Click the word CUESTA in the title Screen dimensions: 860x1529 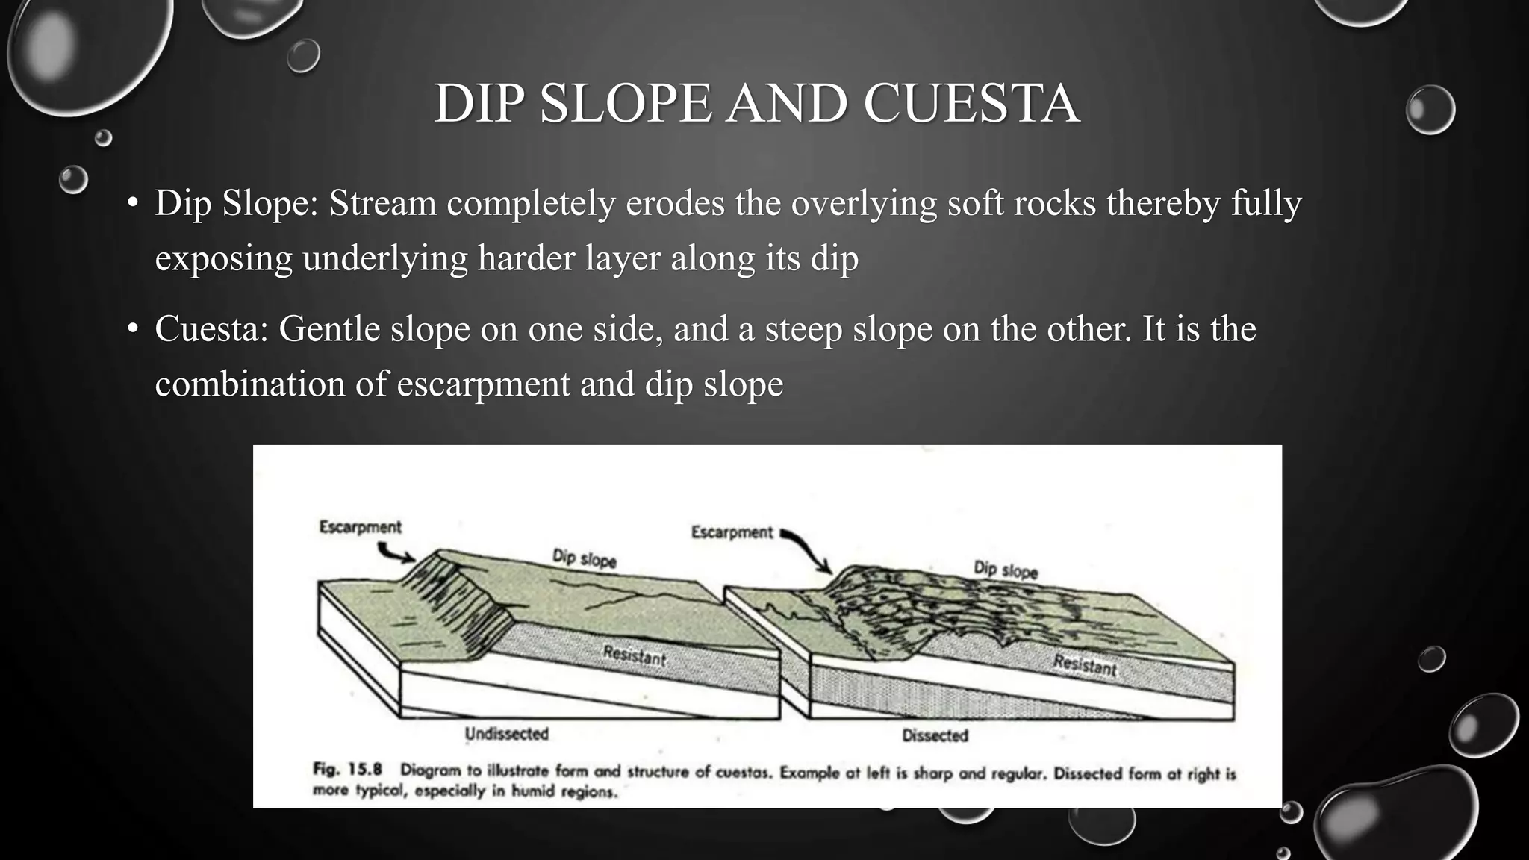click(x=971, y=103)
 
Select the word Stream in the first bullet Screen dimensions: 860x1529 click(x=382, y=203)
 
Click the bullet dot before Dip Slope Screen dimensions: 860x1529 click(x=133, y=203)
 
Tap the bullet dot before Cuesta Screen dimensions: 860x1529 click(x=133, y=329)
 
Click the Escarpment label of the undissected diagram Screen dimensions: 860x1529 click(x=360, y=527)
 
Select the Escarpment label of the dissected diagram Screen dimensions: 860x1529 click(x=732, y=532)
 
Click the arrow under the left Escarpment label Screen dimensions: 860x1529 click(x=396, y=553)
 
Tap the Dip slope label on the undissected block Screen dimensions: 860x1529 click(x=584, y=558)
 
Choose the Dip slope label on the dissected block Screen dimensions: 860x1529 click(x=1006, y=570)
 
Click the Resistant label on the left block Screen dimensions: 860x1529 click(x=634, y=656)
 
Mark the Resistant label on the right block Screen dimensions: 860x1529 click(x=1084, y=664)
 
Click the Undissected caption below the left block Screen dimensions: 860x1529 click(x=506, y=734)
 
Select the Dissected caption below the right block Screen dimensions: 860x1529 click(x=935, y=735)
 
